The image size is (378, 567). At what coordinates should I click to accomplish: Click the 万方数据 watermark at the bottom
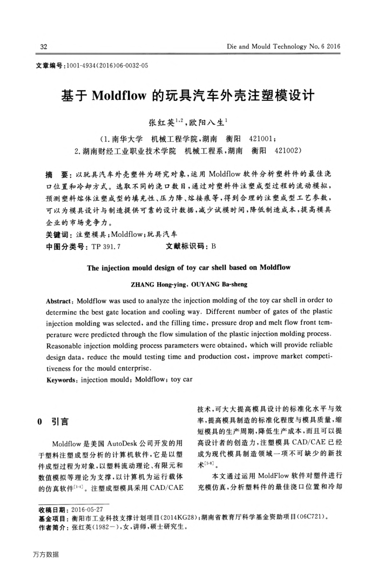point(45,554)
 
